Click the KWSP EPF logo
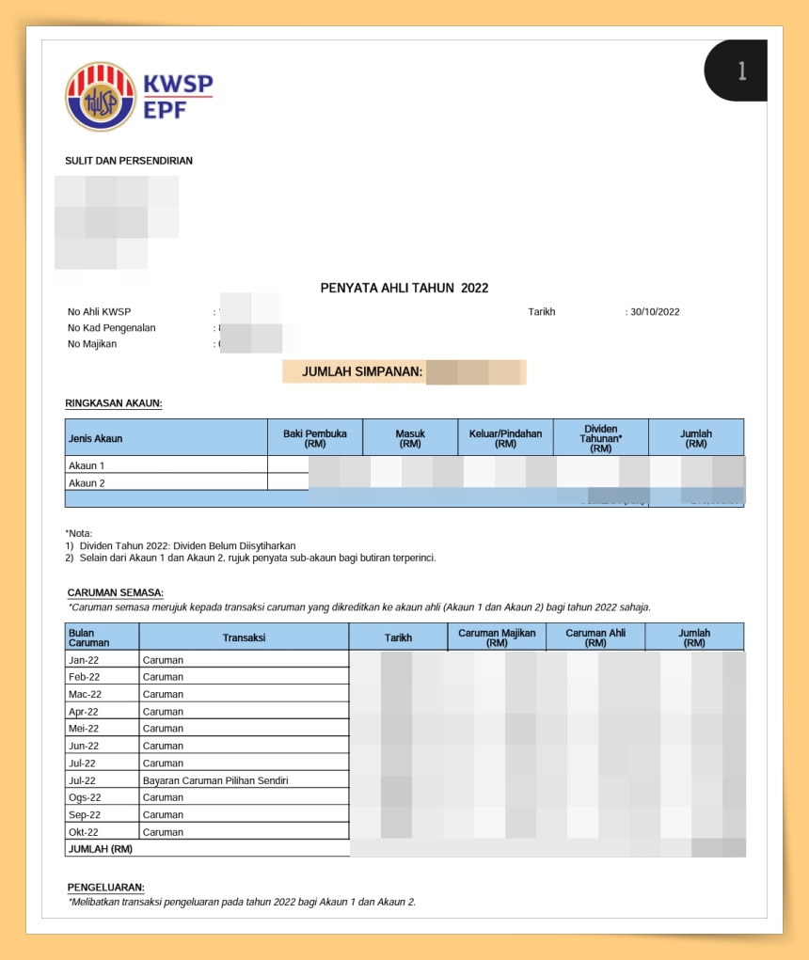click(x=139, y=96)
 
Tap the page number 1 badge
click(x=741, y=71)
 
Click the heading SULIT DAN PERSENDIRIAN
click(x=129, y=161)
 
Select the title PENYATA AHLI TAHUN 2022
click(x=404, y=289)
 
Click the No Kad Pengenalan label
click(x=112, y=328)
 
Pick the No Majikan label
click(x=92, y=344)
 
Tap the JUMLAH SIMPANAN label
click(x=362, y=372)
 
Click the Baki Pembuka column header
click(x=315, y=438)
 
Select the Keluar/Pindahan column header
click(x=505, y=438)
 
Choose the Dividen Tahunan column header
click(x=600, y=438)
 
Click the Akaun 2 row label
click(x=87, y=482)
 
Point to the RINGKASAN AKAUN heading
click(x=114, y=403)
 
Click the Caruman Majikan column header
click(x=497, y=637)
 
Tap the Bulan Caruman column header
click(x=89, y=637)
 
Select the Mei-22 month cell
click(x=84, y=729)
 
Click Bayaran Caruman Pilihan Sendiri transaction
click(x=215, y=780)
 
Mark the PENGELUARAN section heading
click(x=106, y=887)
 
